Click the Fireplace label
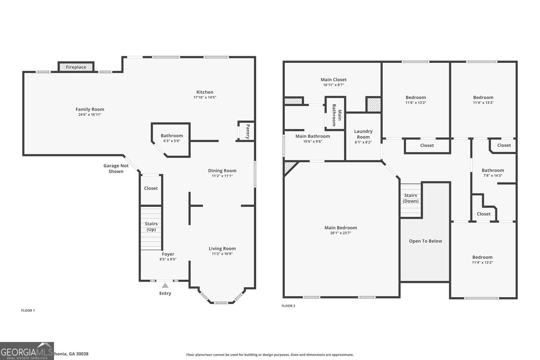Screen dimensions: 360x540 click(x=76, y=67)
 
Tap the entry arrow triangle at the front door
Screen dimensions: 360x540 click(x=165, y=285)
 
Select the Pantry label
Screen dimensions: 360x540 click(x=248, y=132)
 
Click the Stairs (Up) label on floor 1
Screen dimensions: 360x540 click(x=151, y=226)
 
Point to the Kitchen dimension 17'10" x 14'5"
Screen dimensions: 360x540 click(x=205, y=97)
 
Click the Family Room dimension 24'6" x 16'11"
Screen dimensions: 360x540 click(x=90, y=114)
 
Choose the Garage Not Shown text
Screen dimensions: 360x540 click(x=116, y=168)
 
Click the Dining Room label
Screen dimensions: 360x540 click(x=222, y=171)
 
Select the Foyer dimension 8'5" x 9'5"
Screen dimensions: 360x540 click(x=168, y=259)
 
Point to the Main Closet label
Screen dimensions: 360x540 click(x=333, y=80)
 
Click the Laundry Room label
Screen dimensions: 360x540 click(x=363, y=134)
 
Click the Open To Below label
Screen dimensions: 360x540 click(x=425, y=241)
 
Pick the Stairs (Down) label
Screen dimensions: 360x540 click(x=410, y=198)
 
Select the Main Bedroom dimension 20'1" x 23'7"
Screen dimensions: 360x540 click(x=341, y=233)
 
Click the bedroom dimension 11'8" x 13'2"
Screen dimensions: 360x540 click(x=415, y=103)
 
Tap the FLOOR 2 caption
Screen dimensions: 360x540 click(x=288, y=306)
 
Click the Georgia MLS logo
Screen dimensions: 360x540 click(x=27, y=351)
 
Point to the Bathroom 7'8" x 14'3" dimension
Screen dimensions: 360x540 click(x=493, y=175)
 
